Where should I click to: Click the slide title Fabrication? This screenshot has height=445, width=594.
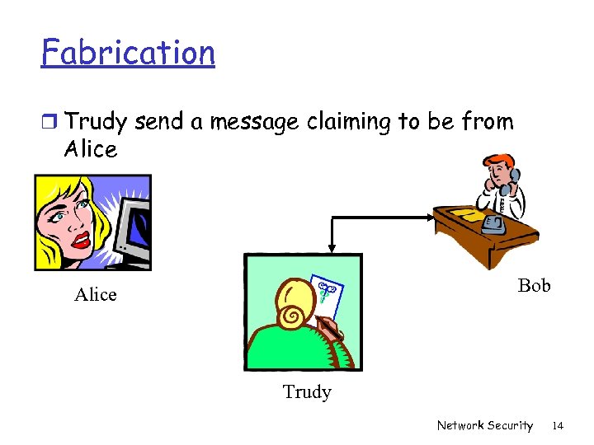(128, 53)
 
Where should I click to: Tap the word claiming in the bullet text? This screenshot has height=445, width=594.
(350, 123)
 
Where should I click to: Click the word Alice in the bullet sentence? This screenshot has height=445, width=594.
(91, 149)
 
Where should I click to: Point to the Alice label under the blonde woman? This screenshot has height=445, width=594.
(96, 295)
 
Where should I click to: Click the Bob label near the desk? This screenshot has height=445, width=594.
(534, 286)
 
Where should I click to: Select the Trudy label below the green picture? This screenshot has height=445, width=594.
(307, 392)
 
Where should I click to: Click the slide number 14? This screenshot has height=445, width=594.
(558, 426)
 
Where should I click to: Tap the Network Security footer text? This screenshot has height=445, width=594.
(484, 426)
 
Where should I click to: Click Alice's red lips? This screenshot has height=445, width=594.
(81, 240)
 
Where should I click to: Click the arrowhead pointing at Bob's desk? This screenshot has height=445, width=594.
(430, 218)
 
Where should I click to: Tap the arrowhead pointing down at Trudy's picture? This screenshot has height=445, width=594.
(331, 245)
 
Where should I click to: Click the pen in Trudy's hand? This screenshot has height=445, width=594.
(330, 330)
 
